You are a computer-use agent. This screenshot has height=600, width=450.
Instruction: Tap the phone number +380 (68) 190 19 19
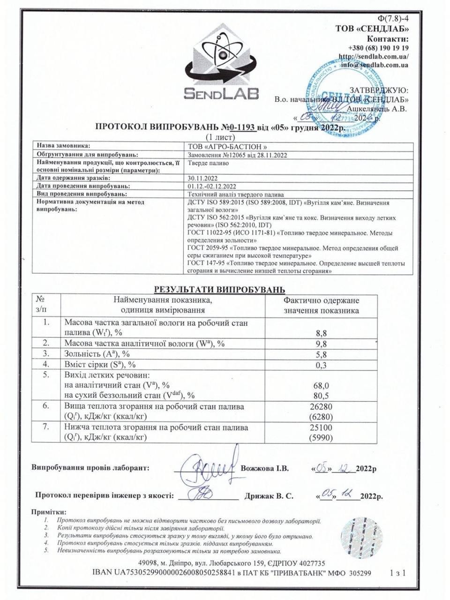pyautogui.click(x=378, y=48)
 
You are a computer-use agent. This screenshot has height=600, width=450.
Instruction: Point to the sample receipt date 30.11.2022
pyautogui.click(x=202, y=178)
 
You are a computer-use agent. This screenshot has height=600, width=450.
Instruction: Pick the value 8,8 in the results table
pyautogui.click(x=321, y=333)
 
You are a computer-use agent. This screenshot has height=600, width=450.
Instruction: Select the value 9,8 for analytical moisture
pyautogui.click(x=321, y=344)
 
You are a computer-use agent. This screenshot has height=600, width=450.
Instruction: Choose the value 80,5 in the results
pyautogui.click(x=321, y=396)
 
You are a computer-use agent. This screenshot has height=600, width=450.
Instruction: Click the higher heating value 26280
pyautogui.click(x=321, y=406)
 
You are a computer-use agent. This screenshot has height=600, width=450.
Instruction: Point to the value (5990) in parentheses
pyautogui.click(x=321, y=438)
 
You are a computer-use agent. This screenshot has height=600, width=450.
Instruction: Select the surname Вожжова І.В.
pyautogui.click(x=265, y=468)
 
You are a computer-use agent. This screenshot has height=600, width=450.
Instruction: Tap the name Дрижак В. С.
pyautogui.click(x=269, y=496)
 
